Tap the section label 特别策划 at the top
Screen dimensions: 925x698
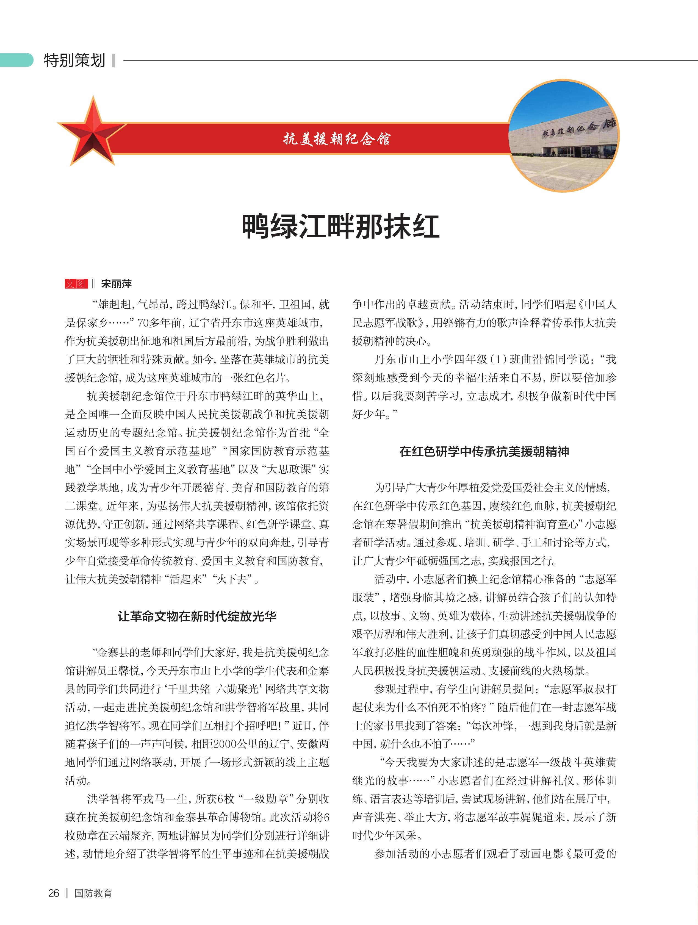pyautogui.click(x=74, y=60)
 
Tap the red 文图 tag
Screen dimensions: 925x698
pyautogui.click(x=76, y=284)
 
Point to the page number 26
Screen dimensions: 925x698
pyautogui.click(x=54, y=893)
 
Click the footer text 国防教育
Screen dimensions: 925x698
pyautogui.click(x=93, y=893)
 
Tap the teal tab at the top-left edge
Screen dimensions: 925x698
pyautogui.click(x=16, y=60)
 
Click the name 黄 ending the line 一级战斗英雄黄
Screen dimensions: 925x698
pyautogui.click(x=611, y=762)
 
